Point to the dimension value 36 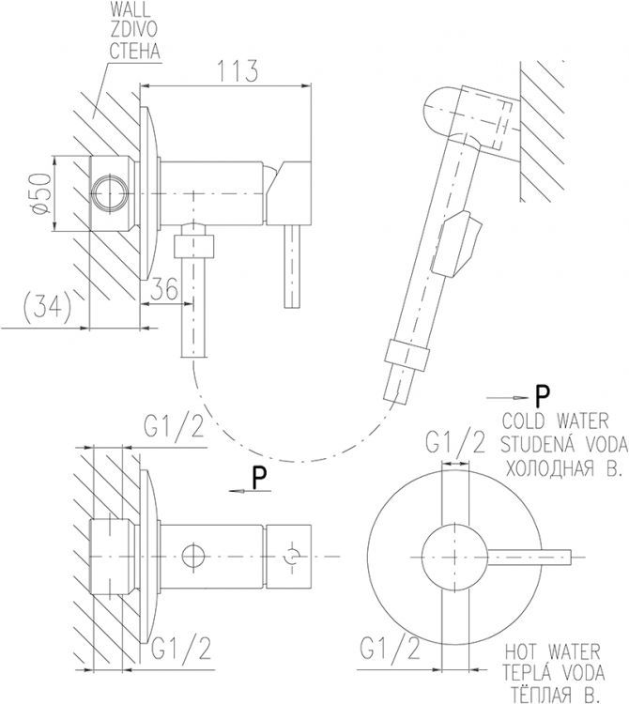pyautogui.click(x=164, y=291)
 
